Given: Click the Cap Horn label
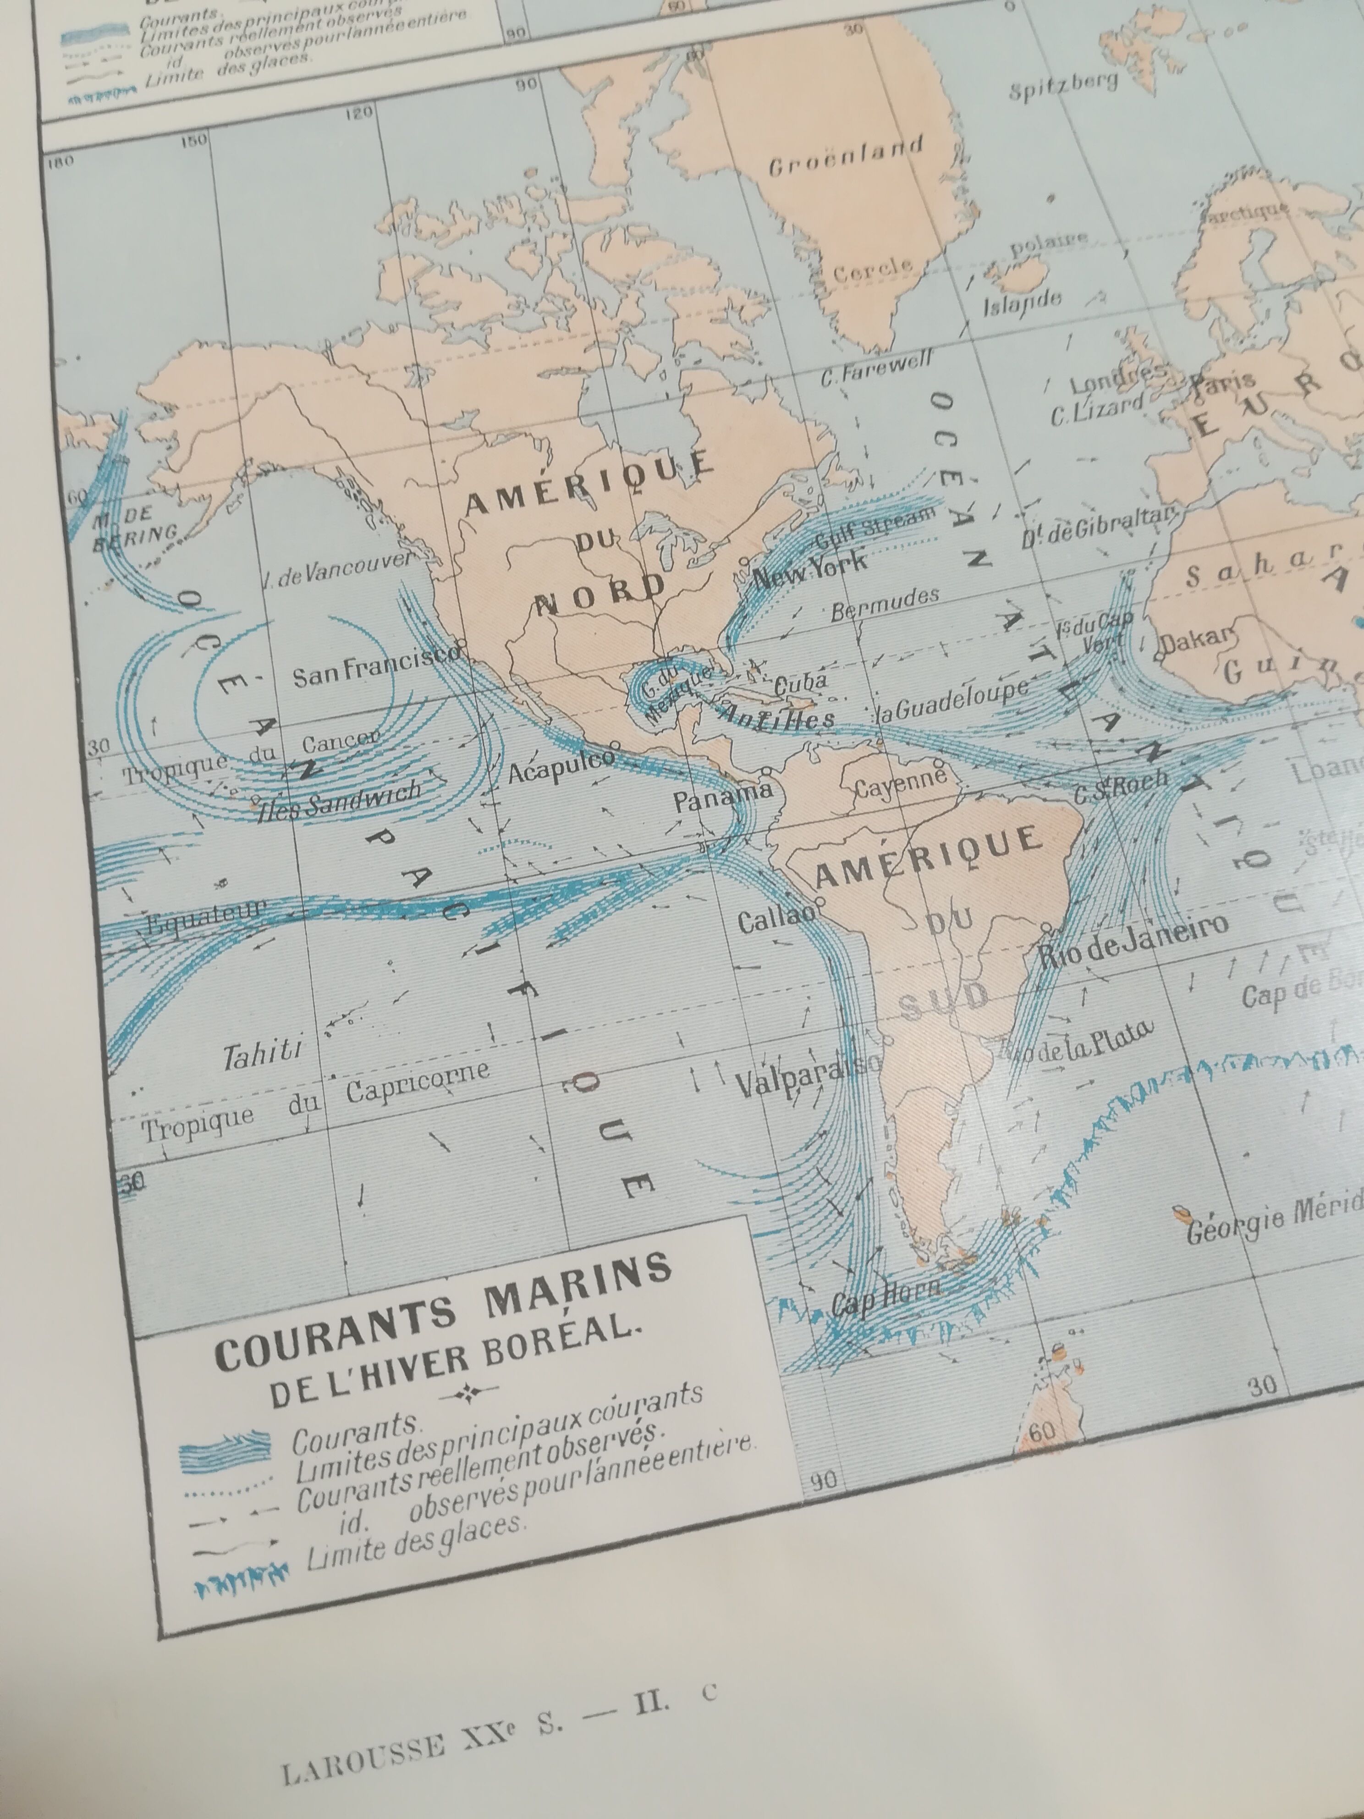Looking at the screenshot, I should [884, 1298].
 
